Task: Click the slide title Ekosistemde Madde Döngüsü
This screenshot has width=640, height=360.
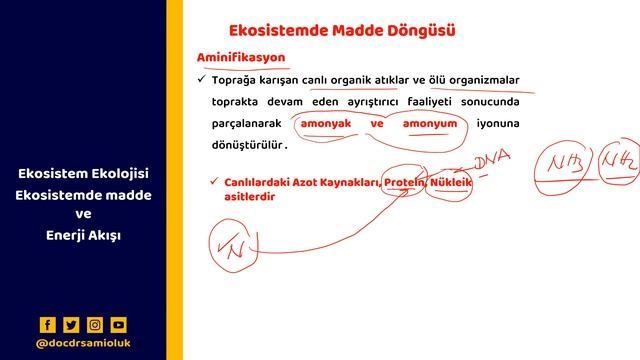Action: coord(342,30)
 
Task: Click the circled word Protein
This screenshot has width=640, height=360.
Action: coord(405,183)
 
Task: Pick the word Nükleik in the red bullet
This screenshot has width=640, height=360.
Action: coord(451,183)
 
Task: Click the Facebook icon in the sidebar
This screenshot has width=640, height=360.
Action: coord(47,324)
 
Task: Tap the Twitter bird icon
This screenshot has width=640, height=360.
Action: coord(71,324)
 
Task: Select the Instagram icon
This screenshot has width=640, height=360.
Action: coord(95,324)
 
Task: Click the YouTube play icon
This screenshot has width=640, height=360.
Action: coord(119,324)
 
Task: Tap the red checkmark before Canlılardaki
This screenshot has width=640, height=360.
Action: coord(215,182)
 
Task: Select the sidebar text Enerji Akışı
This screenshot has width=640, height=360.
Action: coord(83,234)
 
